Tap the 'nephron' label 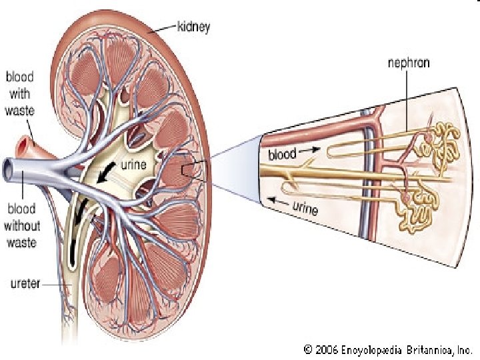(409, 64)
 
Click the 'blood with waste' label (21, 94)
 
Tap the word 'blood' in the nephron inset (282, 155)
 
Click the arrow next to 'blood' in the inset (310, 152)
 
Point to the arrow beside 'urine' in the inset (279, 199)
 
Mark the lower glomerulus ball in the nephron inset (407, 198)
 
